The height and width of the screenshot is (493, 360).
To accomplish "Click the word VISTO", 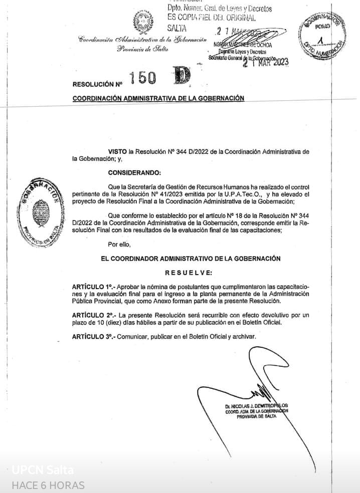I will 117,151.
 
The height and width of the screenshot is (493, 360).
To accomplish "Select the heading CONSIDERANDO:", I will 135,173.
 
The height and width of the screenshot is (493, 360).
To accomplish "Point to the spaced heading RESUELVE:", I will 189,273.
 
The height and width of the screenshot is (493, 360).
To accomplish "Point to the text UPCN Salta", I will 43,470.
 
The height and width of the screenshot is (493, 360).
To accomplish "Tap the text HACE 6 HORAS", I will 48,485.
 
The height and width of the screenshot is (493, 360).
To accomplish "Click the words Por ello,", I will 119,244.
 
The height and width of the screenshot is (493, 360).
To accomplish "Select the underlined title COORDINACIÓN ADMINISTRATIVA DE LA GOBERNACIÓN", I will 158,98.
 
